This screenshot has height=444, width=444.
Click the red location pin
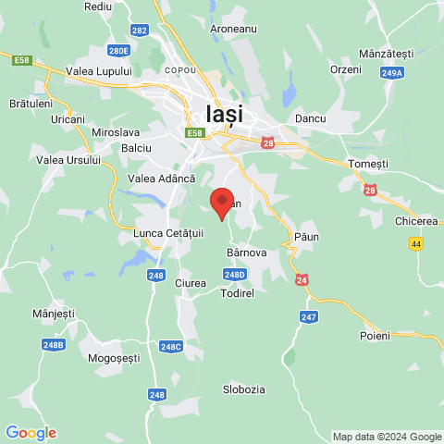coord(221,203)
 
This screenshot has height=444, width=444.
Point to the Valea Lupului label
coord(99,70)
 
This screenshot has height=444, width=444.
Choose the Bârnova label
coord(246,251)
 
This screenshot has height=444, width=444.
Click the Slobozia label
coord(244,389)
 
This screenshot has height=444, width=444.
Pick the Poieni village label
coord(375,335)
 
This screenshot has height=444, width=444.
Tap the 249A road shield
coord(391,71)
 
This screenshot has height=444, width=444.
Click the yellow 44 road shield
coord(417,242)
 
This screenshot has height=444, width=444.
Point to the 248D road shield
coord(235,274)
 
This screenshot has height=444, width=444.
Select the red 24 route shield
coord(302,279)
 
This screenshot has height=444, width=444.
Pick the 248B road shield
coord(55,345)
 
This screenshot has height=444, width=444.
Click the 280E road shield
coord(118,51)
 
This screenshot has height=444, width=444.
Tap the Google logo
coord(31,433)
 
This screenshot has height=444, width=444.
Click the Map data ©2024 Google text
coord(387,437)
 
